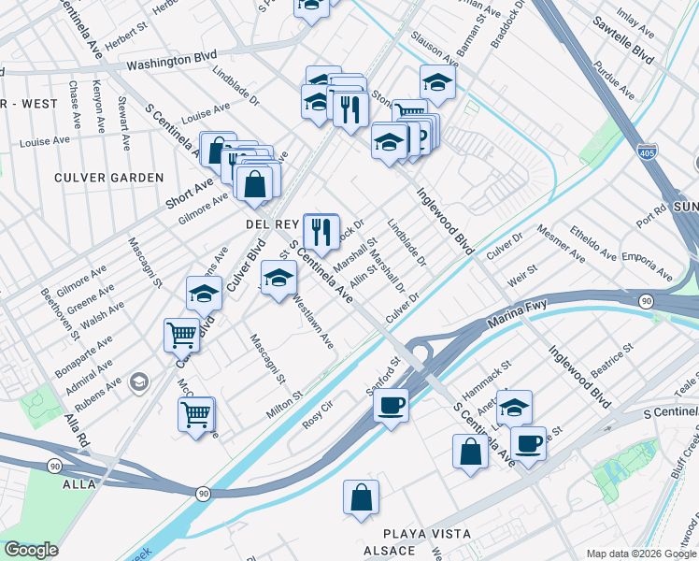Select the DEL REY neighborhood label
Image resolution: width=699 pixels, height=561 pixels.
[271, 225]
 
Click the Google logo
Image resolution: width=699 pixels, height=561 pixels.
[31, 550]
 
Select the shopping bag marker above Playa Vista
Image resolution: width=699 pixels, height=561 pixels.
[361, 500]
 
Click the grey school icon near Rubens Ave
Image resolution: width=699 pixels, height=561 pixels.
[139, 381]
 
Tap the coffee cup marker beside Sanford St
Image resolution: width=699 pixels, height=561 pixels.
[390, 407]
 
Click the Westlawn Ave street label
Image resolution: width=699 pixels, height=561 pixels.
[313, 323]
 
